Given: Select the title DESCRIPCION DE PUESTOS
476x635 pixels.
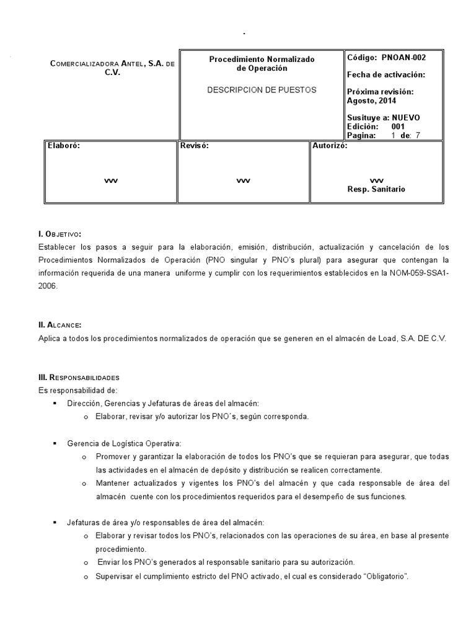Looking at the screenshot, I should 261,90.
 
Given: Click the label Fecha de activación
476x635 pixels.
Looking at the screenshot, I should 386,75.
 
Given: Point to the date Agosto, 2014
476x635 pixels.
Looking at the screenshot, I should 371,101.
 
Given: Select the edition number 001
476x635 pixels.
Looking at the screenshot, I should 398,127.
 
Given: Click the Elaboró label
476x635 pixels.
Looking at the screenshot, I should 64,146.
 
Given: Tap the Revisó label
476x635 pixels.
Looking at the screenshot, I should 194,146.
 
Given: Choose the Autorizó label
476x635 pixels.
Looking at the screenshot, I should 330,146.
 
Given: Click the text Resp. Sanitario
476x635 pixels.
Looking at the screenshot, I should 376,189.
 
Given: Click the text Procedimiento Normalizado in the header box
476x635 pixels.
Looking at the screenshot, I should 262,60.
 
